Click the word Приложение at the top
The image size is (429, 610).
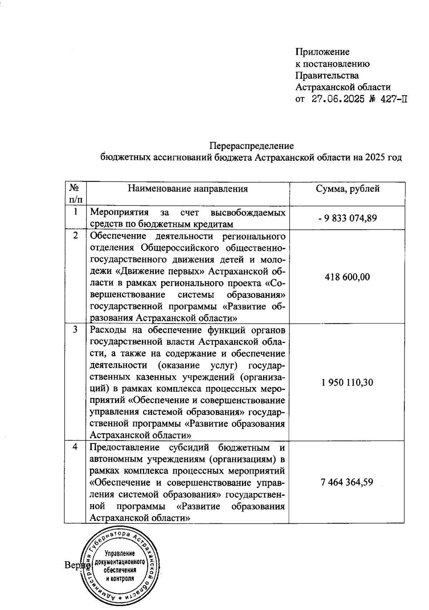[x=322, y=52]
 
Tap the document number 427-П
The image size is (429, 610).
[x=392, y=99]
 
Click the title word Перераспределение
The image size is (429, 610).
[x=251, y=146]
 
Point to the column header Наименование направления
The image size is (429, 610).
[x=188, y=189]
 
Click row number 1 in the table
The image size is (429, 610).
[x=75, y=212]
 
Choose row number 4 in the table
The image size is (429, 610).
[x=75, y=447]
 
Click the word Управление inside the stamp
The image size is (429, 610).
[x=119, y=553]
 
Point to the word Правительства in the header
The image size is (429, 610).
[x=327, y=76]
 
